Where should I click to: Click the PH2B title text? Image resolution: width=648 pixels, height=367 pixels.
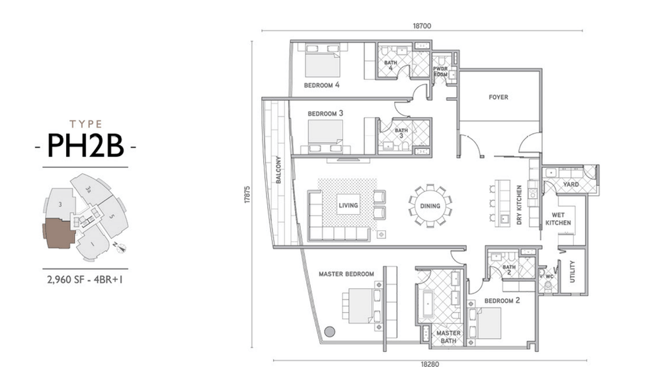[x=86, y=146]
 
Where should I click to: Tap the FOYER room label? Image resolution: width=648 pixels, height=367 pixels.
[x=499, y=97]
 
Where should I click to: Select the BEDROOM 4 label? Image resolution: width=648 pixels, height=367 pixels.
[x=321, y=85]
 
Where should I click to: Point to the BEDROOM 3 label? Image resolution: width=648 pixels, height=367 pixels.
[x=325, y=114]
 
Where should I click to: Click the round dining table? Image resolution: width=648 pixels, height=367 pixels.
[x=430, y=206]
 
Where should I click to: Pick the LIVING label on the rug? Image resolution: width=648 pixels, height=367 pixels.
[x=348, y=206]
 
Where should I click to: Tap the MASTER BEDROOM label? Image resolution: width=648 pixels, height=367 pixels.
[x=346, y=274]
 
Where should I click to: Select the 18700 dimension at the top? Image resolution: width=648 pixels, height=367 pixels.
[x=422, y=26]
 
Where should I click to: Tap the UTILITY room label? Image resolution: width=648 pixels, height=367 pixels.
[x=573, y=272]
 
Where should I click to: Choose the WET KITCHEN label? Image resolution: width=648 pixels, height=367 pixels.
[x=554, y=219]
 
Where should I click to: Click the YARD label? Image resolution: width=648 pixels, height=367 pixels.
[x=571, y=183]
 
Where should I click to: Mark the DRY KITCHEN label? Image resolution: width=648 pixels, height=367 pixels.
[x=519, y=206]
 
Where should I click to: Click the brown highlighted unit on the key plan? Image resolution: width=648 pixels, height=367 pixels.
[x=58, y=233]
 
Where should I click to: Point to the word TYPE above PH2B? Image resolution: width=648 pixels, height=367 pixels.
[x=86, y=123]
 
